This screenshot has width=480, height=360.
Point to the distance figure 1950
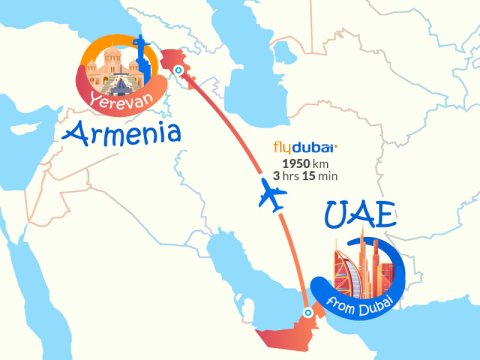pos(297,162)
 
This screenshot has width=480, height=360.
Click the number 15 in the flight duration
pos(321,176)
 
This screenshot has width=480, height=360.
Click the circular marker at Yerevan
pos(177,71)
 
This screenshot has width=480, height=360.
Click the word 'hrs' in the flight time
pos(298,176)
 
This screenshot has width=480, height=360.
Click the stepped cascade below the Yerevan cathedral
pos(110,85)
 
